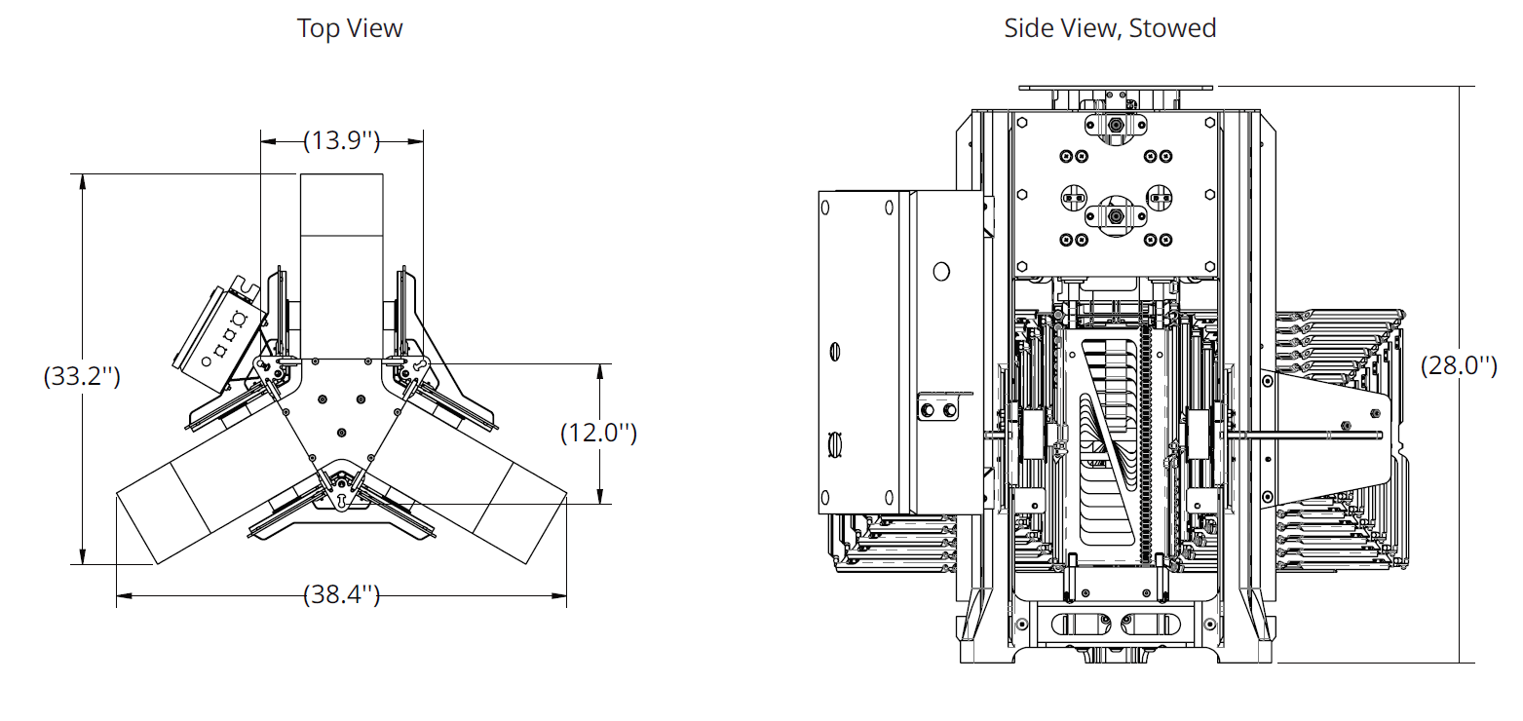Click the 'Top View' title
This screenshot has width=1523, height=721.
click(x=350, y=28)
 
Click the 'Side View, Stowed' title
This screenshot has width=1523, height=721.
click(x=1110, y=28)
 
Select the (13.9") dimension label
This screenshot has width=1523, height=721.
click(x=341, y=141)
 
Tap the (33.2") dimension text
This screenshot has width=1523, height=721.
click(x=82, y=376)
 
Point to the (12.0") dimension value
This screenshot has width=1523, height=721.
click(x=598, y=434)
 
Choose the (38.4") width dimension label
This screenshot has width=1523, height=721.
click(x=341, y=594)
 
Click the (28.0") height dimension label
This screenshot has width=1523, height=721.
click(x=1458, y=366)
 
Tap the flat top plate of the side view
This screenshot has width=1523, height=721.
click(x=1116, y=88)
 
